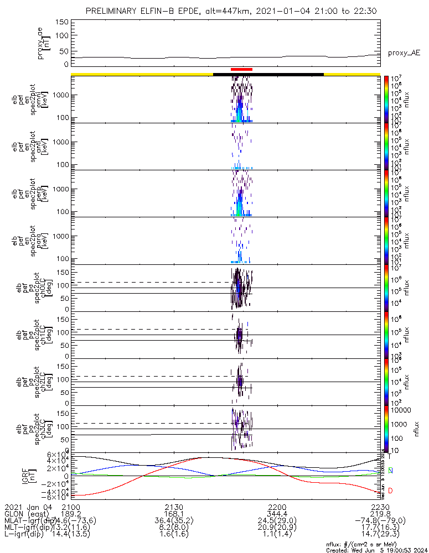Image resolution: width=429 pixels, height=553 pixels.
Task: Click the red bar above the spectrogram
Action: tap(241, 70)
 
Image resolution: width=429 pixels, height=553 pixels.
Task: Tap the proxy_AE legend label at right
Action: tap(404, 53)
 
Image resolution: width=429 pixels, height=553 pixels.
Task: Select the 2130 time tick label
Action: tap(174, 507)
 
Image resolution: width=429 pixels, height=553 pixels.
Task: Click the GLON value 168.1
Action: tap(174, 514)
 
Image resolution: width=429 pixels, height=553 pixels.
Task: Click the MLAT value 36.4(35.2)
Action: tap(174, 520)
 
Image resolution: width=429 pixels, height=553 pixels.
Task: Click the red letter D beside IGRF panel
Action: tap(390, 491)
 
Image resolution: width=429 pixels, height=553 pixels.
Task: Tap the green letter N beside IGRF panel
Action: tap(390, 471)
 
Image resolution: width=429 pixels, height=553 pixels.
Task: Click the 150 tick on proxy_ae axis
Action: tap(62, 22)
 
